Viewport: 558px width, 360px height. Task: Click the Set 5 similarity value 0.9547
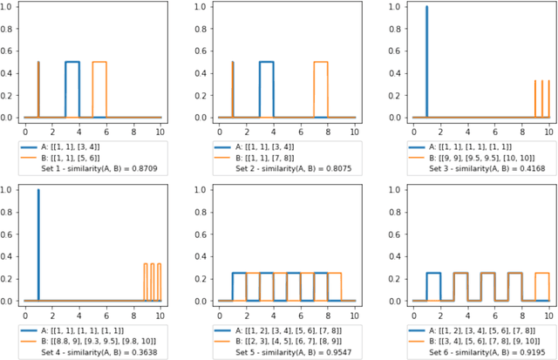point(339,353)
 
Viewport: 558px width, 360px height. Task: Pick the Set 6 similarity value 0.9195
point(525,353)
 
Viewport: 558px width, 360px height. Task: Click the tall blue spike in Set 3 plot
point(426,61)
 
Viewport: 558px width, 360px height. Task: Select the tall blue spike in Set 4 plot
point(38,244)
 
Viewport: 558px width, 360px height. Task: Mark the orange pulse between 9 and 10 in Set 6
point(541,274)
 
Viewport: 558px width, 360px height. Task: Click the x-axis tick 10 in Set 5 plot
point(355,312)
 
